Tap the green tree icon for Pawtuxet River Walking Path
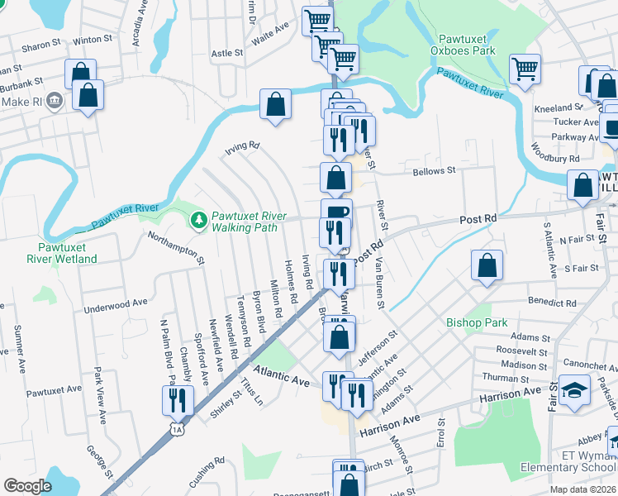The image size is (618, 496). click(x=198, y=220)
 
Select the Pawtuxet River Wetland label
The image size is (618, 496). click(x=67, y=253)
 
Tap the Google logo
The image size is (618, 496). click(x=27, y=486)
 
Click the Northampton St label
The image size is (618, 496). click(x=176, y=247)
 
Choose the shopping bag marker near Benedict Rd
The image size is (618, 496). click(x=487, y=265)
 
